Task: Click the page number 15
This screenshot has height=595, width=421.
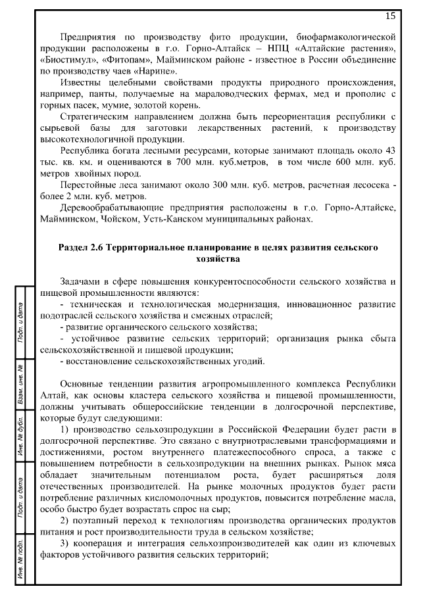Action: point(390,16)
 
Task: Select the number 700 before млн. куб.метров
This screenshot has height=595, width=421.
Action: point(164,161)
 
